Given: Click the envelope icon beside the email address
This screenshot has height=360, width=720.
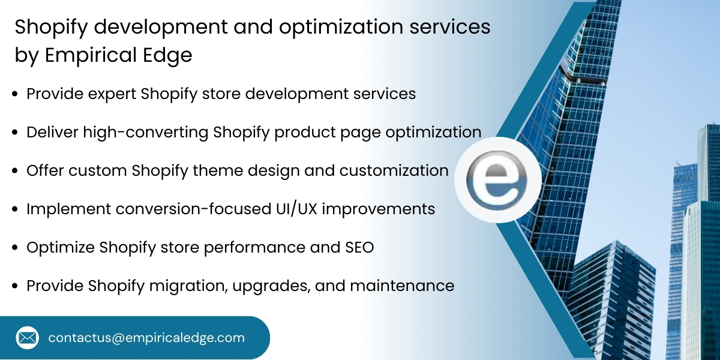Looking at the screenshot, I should (x=28, y=338).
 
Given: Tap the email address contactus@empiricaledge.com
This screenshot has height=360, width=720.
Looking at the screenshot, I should (x=146, y=338).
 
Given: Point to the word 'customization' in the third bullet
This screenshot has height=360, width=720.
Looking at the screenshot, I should (x=394, y=171).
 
